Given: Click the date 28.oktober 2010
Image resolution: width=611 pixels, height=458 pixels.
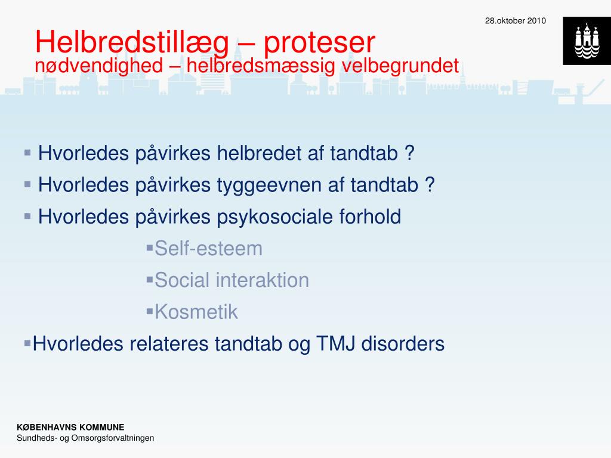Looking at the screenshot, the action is tap(515, 21).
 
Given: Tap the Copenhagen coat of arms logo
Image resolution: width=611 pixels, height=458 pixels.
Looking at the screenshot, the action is tap(587, 41).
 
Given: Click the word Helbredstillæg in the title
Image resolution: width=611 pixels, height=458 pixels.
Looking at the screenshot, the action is tap(132, 43).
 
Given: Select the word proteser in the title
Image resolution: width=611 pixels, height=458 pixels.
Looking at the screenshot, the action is tap(320, 43).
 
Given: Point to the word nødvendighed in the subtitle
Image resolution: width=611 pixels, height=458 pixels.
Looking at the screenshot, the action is tap(99, 66).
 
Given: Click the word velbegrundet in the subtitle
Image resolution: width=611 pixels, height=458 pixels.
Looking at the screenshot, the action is tap(400, 66).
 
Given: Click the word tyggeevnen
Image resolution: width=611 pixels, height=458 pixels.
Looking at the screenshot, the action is tap(269, 185).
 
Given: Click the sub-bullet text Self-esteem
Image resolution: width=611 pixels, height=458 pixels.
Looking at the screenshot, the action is tap(208, 249).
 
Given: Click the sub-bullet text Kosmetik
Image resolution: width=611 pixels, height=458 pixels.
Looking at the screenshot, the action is tap(196, 312).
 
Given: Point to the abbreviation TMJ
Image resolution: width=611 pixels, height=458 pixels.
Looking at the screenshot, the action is tap(336, 344).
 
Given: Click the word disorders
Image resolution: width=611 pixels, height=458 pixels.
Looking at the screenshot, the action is tap(403, 344).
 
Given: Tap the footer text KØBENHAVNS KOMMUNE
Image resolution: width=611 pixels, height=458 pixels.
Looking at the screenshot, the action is tap(70, 427).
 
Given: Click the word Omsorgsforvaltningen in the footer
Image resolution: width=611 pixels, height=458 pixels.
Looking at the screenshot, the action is tap(113, 438).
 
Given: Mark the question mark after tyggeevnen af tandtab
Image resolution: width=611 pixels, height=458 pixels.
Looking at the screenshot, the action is tap(430, 185).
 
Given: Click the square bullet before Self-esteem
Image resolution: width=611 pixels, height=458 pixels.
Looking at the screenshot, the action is tap(150, 247).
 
